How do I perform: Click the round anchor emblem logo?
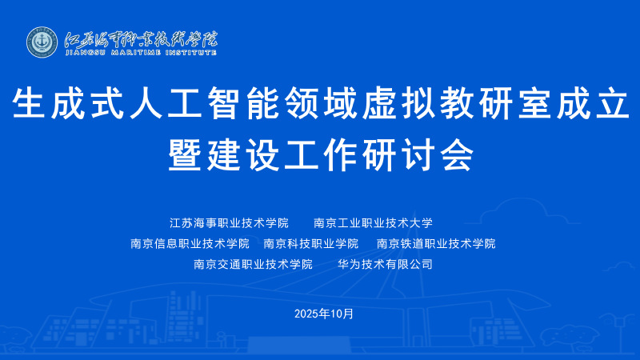tap(42, 42)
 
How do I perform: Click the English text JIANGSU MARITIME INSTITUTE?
tap(141, 52)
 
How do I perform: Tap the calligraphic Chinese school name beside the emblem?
tap(142, 39)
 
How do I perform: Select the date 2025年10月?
tap(324, 314)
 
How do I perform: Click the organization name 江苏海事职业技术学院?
tap(229, 223)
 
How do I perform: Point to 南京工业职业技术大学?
tap(373, 223)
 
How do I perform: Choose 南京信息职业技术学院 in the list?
tap(190, 244)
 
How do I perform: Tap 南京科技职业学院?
tap(311, 244)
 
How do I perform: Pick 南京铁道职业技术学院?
tap(436, 244)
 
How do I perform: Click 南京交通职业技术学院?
tap(253, 264)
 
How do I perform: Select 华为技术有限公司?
tap(385, 264)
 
